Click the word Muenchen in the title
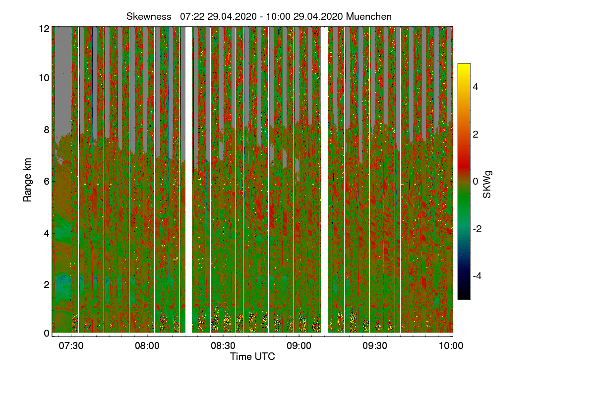[x=369, y=16]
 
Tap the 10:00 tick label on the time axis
[x=451, y=346]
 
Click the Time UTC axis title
[x=252, y=356]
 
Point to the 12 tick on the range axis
[x=44, y=29]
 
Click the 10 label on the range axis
[x=44, y=78]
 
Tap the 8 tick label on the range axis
[x=46, y=130]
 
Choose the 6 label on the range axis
[x=46, y=181]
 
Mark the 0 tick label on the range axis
[x=46, y=333]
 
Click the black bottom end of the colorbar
[x=464, y=297]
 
